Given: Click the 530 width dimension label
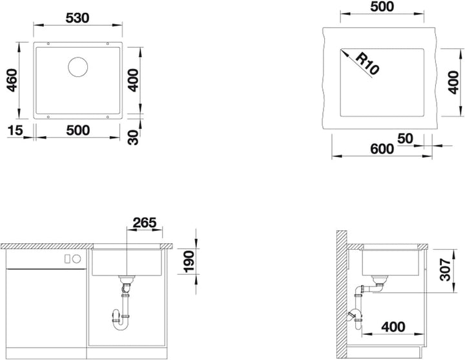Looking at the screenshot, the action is tap(77, 18).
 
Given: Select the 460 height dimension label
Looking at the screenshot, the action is tap(12, 80).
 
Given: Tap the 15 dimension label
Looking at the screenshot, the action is tap(15, 130).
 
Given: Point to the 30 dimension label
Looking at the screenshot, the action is tap(134, 137).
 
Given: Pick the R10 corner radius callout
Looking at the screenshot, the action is tap(367, 63).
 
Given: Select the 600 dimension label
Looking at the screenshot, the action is tap(382, 149).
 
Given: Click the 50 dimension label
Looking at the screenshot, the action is tap(405, 138).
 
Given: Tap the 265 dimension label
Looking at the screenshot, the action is tap(145, 223).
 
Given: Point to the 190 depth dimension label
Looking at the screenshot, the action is tap(189, 261).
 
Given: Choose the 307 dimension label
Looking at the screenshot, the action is tap(445, 269).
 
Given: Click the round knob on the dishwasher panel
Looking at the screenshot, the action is tap(77, 259).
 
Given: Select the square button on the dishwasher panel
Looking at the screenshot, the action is tap(68, 259).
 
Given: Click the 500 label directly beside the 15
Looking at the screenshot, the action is tap(77, 130).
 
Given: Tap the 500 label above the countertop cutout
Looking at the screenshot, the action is tap(382, 6).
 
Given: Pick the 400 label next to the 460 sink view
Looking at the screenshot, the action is tap(133, 80).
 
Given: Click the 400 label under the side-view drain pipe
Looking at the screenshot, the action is tap(393, 327).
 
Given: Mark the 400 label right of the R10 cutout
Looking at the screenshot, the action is tap(453, 83).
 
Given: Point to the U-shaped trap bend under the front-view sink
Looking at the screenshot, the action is tap(120, 325).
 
